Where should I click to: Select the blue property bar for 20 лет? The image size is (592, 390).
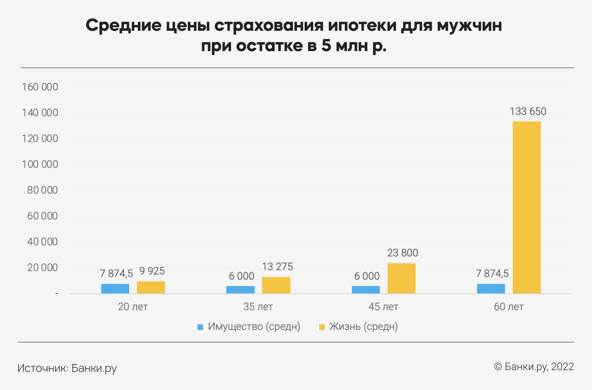coord(115,289)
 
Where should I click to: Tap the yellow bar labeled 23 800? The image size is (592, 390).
coord(401,278)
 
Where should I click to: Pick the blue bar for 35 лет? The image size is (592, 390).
coord(241,289)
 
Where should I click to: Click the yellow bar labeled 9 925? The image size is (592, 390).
coord(151,287)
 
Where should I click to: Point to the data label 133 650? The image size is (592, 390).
coord(528,111)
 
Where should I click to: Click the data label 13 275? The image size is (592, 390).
coord(277,266)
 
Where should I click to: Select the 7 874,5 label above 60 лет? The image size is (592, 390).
coord(492,273)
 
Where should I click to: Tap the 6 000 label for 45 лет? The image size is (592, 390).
coord(367,276)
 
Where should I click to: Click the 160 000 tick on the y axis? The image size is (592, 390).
coord(40,87)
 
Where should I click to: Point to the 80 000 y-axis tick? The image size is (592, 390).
coord(42,190)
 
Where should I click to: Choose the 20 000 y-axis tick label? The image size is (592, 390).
coord(42,267)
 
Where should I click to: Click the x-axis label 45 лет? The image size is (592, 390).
coord(383,307)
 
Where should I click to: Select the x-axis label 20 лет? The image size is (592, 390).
coord(133,307)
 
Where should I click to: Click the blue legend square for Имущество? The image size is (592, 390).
coord(200,327)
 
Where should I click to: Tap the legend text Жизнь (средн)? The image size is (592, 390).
coord(363,326)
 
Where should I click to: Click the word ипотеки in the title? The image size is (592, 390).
coord(362,26)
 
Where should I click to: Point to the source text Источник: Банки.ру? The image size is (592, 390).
coord(67,368)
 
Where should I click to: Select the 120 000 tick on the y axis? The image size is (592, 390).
coord(40,139)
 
